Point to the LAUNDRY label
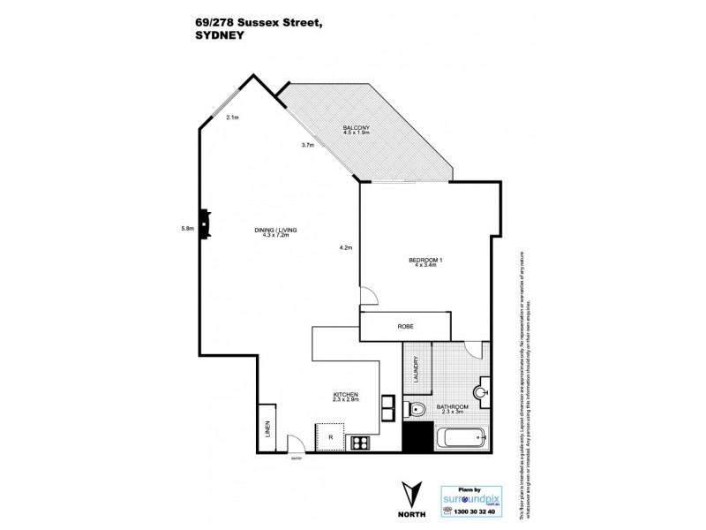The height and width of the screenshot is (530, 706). pyautogui.click(x=415, y=369)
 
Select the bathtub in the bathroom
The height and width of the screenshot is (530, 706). pyautogui.click(x=460, y=436)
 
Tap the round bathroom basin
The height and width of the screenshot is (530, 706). pyautogui.click(x=483, y=389)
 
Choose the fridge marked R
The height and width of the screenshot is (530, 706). pyautogui.click(x=330, y=436)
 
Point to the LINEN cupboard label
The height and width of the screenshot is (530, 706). pyautogui.click(x=267, y=432)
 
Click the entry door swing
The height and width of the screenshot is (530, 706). pyautogui.click(x=298, y=442)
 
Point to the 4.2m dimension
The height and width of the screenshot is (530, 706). pyautogui.click(x=346, y=248)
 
